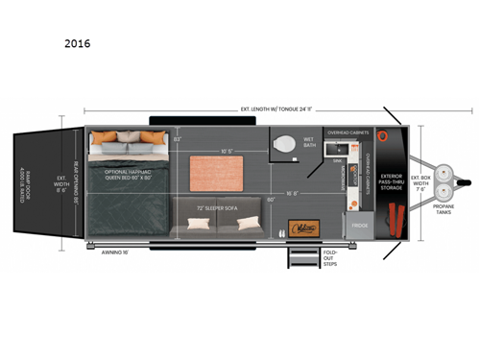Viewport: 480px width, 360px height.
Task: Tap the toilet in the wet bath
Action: (x=285, y=145)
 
